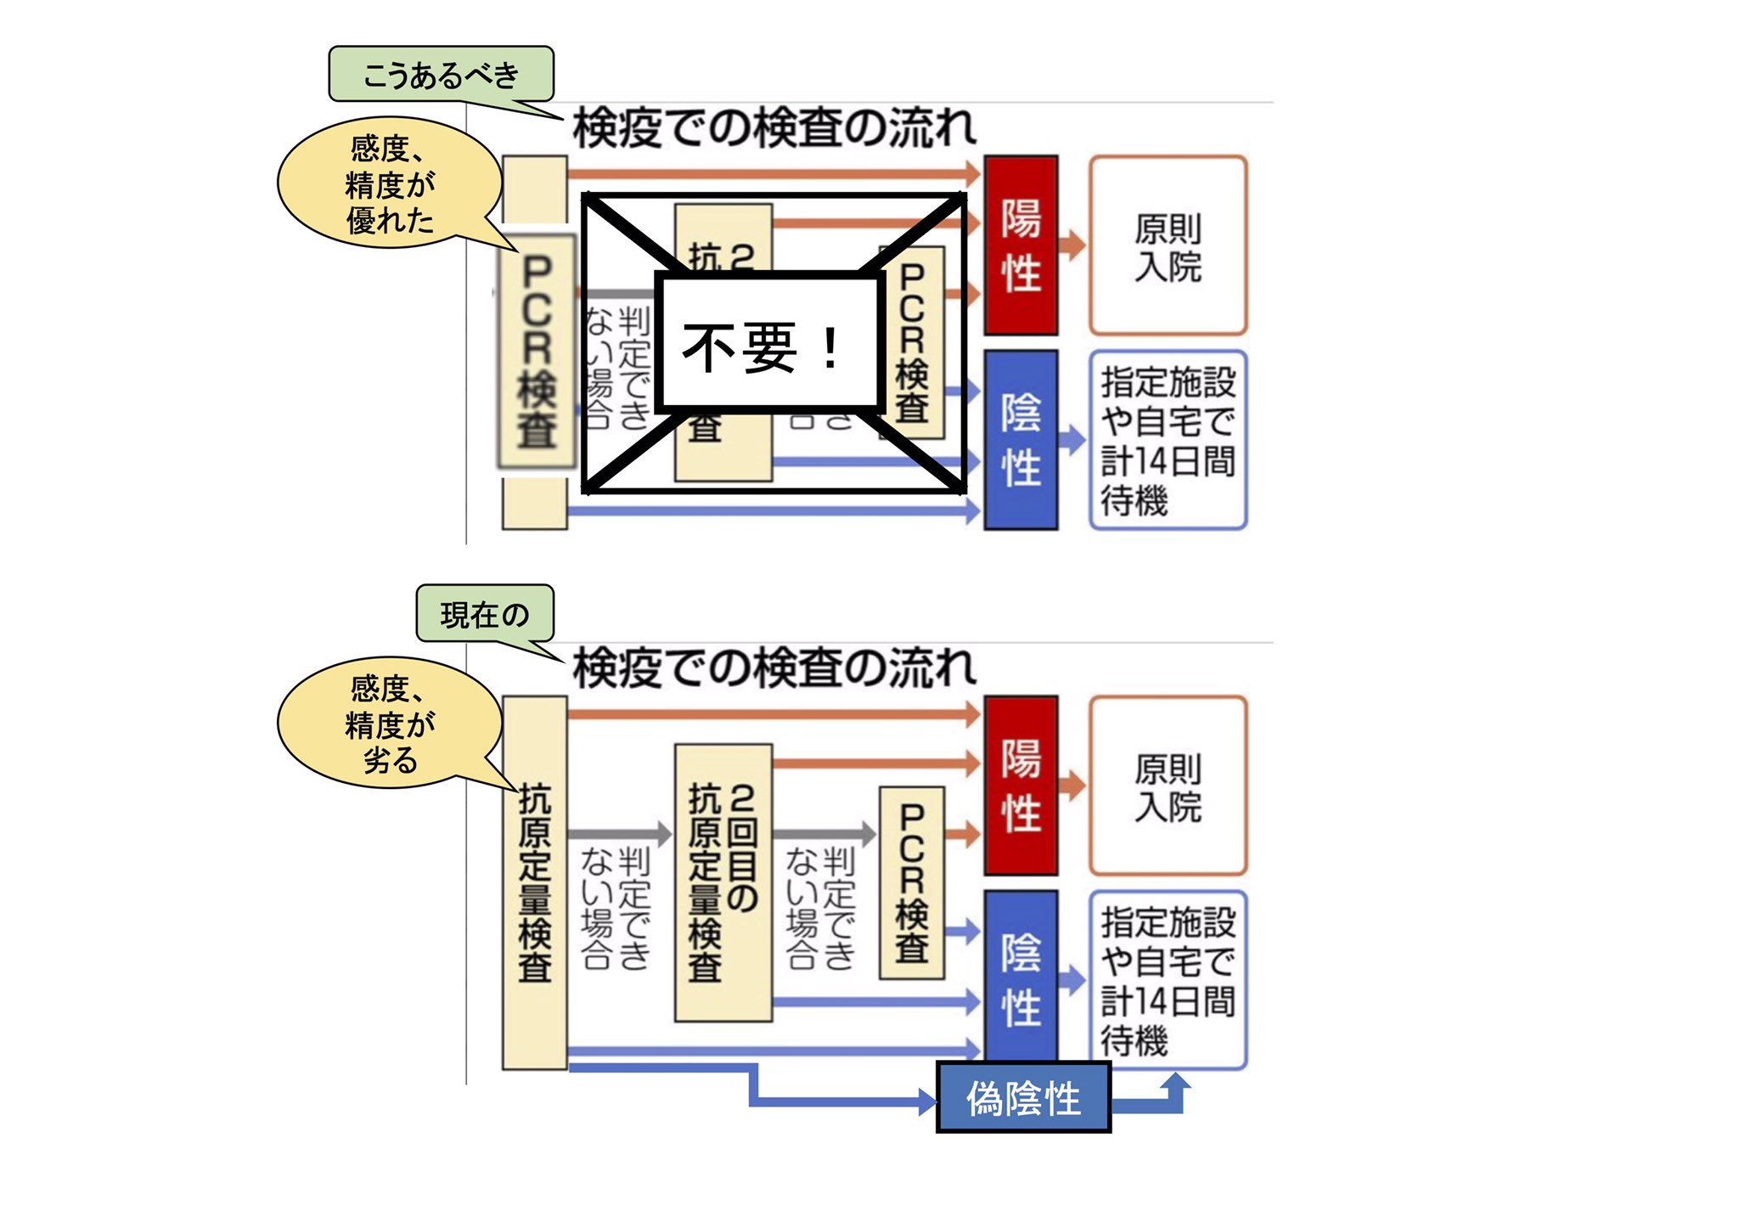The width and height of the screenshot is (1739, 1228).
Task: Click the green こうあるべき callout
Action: (x=441, y=75)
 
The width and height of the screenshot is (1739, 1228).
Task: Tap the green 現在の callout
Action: (x=485, y=614)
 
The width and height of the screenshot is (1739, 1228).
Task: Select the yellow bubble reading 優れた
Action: (x=390, y=184)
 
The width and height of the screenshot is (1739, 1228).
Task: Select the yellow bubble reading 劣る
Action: (x=390, y=724)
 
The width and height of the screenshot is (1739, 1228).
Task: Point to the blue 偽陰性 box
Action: (x=1023, y=1099)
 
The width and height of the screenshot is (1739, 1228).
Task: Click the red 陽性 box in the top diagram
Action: (x=1021, y=245)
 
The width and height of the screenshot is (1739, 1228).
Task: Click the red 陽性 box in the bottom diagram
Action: (x=1021, y=786)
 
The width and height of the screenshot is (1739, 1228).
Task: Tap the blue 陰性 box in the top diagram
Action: (x=1021, y=440)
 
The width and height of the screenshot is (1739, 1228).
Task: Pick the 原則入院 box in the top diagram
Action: (x=1168, y=245)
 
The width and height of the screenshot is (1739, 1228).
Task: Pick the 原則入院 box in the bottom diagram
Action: (x=1168, y=786)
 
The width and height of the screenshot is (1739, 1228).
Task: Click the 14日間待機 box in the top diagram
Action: (x=1168, y=440)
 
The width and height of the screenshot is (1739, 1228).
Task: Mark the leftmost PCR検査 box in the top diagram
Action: (x=537, y=351)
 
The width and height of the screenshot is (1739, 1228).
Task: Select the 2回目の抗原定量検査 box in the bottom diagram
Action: (x=723, y=882)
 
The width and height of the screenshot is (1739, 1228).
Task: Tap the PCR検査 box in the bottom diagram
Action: (x=911, y=882)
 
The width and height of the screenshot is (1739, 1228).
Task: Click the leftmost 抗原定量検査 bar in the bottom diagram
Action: (x=534, y=882)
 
